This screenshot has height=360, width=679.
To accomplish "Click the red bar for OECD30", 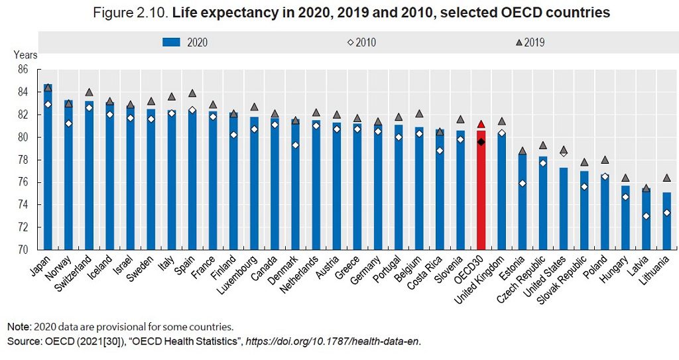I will pyautogui.click(x=481, y=192).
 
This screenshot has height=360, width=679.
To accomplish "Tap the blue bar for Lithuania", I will pyautogui.click(x=666, y=221).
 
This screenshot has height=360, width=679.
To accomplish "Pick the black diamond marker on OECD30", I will pyautogui.click(x=481, y=141).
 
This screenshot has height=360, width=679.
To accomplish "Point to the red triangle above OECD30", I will pyautogui.click(x=481, y=124).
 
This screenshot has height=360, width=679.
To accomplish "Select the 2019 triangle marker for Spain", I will pyautogui.click(x=192, y=93).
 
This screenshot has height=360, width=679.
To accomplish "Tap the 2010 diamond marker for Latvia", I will pyautogui.click(x=646, y=216).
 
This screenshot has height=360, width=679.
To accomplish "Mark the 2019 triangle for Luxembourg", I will pyautogui.click(x=254, y=107).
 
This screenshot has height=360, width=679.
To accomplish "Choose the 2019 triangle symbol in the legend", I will pyautogui.click(x=519, y=42).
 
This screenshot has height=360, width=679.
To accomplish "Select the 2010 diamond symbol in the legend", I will pyautogui.click(x=351, y=42).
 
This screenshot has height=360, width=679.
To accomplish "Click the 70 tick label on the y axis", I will pyautogui.click(x=23, y=251).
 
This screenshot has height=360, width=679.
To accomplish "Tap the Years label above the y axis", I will pyautogui.click(x=25, y=55).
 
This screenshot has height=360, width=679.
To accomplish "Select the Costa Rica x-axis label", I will pyautogui.click(x=428, y=272).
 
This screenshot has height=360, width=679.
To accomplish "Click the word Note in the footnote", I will pyautogui.click(x=19, y=327).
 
